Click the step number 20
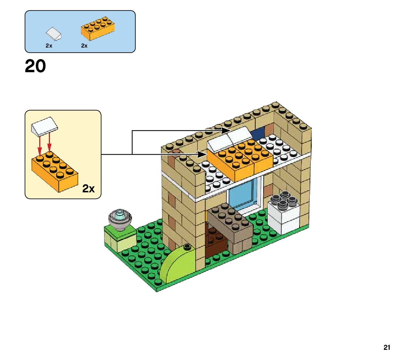click(35, 67)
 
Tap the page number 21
click(386, 348)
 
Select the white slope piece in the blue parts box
click(54, 34)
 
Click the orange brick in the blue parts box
click(97, 29)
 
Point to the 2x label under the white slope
click(49, 46)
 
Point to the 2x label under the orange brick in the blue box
click(84, 46)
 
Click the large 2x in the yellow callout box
click(88, 189)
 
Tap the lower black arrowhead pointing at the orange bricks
click(202, 154)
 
